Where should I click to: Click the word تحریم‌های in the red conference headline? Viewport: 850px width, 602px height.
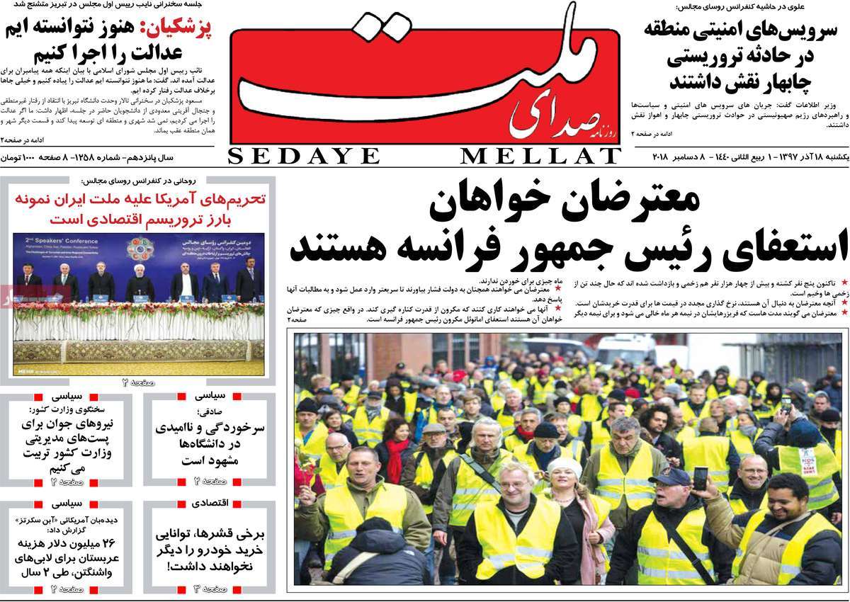(x=229, y=199)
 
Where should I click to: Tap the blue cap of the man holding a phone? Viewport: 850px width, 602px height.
(x=669, y=475)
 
